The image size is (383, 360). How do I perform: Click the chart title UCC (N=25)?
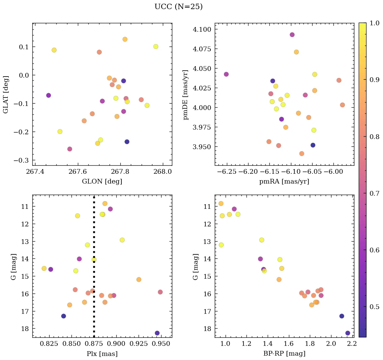(x=178, y=7)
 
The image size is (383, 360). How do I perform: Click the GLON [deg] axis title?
(x=102, y=182)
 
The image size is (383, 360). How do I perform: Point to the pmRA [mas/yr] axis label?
(x=284, y=182)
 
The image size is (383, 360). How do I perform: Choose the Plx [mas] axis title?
(x=102, y=354)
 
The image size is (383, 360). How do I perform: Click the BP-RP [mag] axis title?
(x=284, y=354)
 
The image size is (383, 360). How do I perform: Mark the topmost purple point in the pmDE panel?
(x=292, y=35)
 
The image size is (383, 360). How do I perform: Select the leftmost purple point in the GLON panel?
(x=49, y=95)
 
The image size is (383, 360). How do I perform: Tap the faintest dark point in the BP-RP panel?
(x=348, y=333)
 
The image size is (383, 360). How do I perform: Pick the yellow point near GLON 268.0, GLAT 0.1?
(x=156, y=47)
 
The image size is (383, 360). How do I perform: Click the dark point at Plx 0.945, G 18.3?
(x=157, y=333)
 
